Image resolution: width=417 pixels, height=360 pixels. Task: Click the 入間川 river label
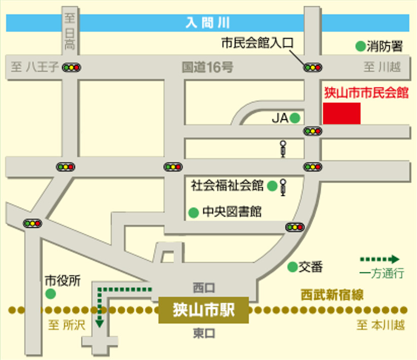pyautogui.click(x=208, y=22)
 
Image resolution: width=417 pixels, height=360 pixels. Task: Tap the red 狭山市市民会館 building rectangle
pyautogui.click(x=342, y=113)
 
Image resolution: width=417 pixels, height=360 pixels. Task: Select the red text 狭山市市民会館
pyautogui.click(x=366, y=93)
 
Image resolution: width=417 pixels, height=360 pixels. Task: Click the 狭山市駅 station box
pyautogui.click(x=204, y=309)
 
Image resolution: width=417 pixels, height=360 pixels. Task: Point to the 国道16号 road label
pyautogui.click(x=208, y=67)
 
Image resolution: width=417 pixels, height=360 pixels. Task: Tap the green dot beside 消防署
pyautogui.click(x=360, y=47)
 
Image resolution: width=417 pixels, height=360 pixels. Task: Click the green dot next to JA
pyautogui.click(x=295, y=118)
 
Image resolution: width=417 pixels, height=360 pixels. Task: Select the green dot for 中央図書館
pyautogui.click(x=193, y=213)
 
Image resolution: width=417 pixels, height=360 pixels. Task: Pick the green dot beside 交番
pyautogui.click(x=292, y=266)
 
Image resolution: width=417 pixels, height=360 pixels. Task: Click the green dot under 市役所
pyautogui.click(x=50, y=294)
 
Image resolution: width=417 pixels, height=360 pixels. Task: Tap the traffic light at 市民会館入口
pyautogui.click(x=312, y=67)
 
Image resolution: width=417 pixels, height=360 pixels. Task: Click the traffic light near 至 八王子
pyautogui.click(x=71, y=67)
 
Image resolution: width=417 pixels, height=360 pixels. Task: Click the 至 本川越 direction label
pyautogui.click(x=381, y=326)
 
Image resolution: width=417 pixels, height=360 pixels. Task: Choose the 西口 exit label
pyautogui.click(x=204, y=288)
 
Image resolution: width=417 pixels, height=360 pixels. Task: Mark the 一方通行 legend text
pyautogui.click(x=382, y=274)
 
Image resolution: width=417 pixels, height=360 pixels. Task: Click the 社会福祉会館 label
pyautogui.click(x=227, y=185)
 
